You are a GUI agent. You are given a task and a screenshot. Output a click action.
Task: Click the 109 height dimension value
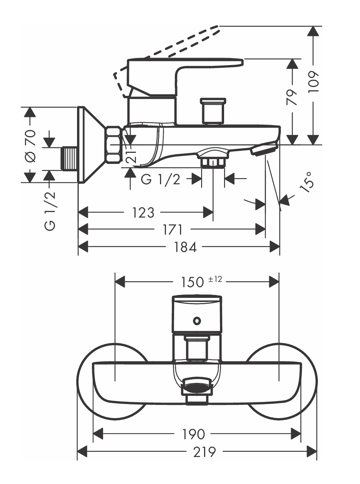[313, 81]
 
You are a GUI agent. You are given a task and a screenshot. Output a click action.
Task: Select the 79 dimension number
[292, 97]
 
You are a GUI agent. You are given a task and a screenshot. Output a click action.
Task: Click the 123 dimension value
[143, 212]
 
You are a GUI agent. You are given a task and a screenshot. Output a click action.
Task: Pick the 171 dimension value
[173, 229]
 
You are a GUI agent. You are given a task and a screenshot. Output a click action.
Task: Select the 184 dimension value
[186, 247]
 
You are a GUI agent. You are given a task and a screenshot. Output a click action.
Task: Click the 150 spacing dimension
[193, 282]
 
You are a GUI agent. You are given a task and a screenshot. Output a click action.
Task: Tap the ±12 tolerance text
[215, 279]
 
